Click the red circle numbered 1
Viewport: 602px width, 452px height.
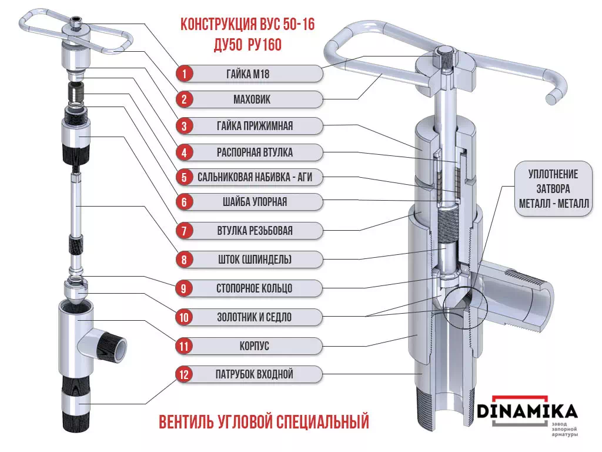[x=184, y=74]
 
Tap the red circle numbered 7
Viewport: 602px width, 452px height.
[x=184, y=231]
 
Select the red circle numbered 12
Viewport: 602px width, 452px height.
[x=184, y=374]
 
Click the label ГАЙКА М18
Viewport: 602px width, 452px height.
[x=255, y=74]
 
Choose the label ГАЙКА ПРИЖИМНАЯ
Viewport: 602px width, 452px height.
[x=255, y=126]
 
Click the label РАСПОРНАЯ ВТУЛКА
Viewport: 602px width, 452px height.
[x=255, y=152]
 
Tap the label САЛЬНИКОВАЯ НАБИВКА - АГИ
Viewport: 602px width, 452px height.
[x=255, y=177]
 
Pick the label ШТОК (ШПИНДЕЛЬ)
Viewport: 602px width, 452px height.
[x=255, y=259]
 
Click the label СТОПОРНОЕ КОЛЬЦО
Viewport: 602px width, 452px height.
[x=255, y=288]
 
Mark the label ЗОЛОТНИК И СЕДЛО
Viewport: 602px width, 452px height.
[x=255, y=317]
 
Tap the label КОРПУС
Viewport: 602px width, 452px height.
[x=255, y=345]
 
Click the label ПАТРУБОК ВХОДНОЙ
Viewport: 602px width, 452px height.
[x=255, y=374]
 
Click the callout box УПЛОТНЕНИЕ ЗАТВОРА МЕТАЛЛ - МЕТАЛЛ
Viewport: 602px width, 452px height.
[x=553, y=189]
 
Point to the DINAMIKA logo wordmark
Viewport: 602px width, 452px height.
[x=527, y=411]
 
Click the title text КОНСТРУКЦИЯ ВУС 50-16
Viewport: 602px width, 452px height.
[x=246, y=25]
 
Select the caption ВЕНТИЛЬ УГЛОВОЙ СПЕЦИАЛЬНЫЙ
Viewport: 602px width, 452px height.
[x=264, y=422]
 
